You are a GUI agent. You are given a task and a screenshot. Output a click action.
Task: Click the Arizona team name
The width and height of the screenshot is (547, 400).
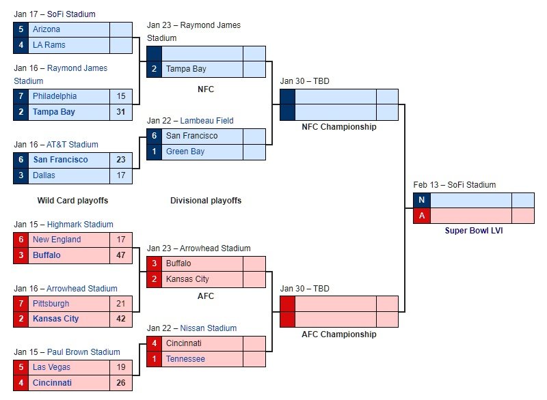tap(46, 29)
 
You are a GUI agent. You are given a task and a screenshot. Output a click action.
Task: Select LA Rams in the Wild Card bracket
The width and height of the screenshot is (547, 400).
tap(49, 45)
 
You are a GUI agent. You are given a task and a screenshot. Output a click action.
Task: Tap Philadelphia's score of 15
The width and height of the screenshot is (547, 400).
tap(121, 96)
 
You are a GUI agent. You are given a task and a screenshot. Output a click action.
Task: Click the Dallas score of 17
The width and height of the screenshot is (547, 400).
tap(121, 175)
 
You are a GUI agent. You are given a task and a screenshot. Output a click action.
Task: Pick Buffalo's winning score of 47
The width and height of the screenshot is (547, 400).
tap(121, 255)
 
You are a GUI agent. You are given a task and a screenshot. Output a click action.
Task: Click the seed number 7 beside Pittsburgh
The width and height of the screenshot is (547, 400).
tap(21, 304)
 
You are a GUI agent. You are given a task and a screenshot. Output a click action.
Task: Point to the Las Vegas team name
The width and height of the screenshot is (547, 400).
tap(52, 367)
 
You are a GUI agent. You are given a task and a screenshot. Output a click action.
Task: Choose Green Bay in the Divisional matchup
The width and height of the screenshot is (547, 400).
tap(185, 152)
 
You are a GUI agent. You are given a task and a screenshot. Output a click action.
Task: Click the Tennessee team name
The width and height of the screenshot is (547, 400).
tap(185, 359)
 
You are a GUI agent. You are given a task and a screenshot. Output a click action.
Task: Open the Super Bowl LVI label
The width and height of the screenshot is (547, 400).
tap(474, 231)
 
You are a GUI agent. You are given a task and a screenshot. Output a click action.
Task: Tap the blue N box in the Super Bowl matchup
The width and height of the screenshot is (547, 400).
tap(421, 200)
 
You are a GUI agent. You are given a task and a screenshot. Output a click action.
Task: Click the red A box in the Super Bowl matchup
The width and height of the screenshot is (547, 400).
tap(421, 216)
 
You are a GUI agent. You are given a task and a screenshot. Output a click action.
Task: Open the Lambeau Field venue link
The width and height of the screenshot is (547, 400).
tap(207, 121)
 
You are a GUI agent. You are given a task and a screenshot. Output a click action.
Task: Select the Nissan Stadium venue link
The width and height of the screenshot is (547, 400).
tap(209, 328)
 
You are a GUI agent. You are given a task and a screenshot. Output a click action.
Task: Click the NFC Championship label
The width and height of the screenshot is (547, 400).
tap(339, 127)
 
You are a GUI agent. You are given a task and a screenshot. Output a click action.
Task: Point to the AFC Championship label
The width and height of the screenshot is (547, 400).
tap(339, 334)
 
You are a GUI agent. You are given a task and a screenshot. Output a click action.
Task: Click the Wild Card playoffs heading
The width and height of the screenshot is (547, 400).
tap(72, 201)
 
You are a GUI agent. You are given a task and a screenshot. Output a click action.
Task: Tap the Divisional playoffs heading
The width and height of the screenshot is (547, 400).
tap(206, 201)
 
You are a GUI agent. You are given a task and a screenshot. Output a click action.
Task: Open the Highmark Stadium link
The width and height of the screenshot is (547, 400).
tap(80, 225)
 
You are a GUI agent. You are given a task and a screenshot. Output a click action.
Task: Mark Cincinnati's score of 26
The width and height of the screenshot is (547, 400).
tap(121, 382)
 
